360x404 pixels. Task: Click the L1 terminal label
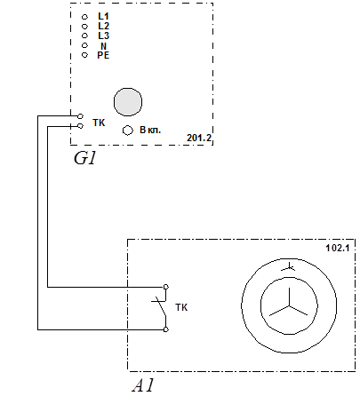(103, 16)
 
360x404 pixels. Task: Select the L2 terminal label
(103, 26)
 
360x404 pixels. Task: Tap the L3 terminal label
(103, 36)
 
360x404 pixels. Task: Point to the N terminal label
(103, 46)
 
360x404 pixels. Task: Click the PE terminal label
(103, 55)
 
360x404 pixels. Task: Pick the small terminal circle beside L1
(84, 17)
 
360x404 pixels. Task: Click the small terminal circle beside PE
(84, 55)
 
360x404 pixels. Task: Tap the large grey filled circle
(128, 102)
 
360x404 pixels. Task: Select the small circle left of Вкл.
(128, 131)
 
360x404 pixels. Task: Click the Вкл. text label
(150, 130)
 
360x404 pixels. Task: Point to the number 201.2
(199, 138)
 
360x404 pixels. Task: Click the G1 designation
(85, 158)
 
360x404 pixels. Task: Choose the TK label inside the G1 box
(99, 123)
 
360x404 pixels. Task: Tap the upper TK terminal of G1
(80, 116)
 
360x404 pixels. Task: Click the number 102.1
(338, 248)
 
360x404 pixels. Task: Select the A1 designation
(143, 385)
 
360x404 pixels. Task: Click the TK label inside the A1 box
(181, 307)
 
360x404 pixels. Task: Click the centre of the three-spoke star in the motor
(289, 306)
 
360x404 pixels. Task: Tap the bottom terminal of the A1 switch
(166, 329)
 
